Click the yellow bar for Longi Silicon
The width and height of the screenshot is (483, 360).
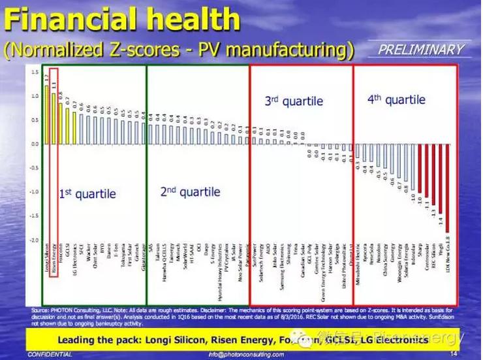pos(46,105)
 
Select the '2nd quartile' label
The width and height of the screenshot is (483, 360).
pos(190,192)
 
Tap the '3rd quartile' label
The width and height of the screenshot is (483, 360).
pos(294,101)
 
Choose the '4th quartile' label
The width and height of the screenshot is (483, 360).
pos(396,100)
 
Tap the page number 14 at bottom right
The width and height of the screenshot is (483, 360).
pos(452,353)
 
